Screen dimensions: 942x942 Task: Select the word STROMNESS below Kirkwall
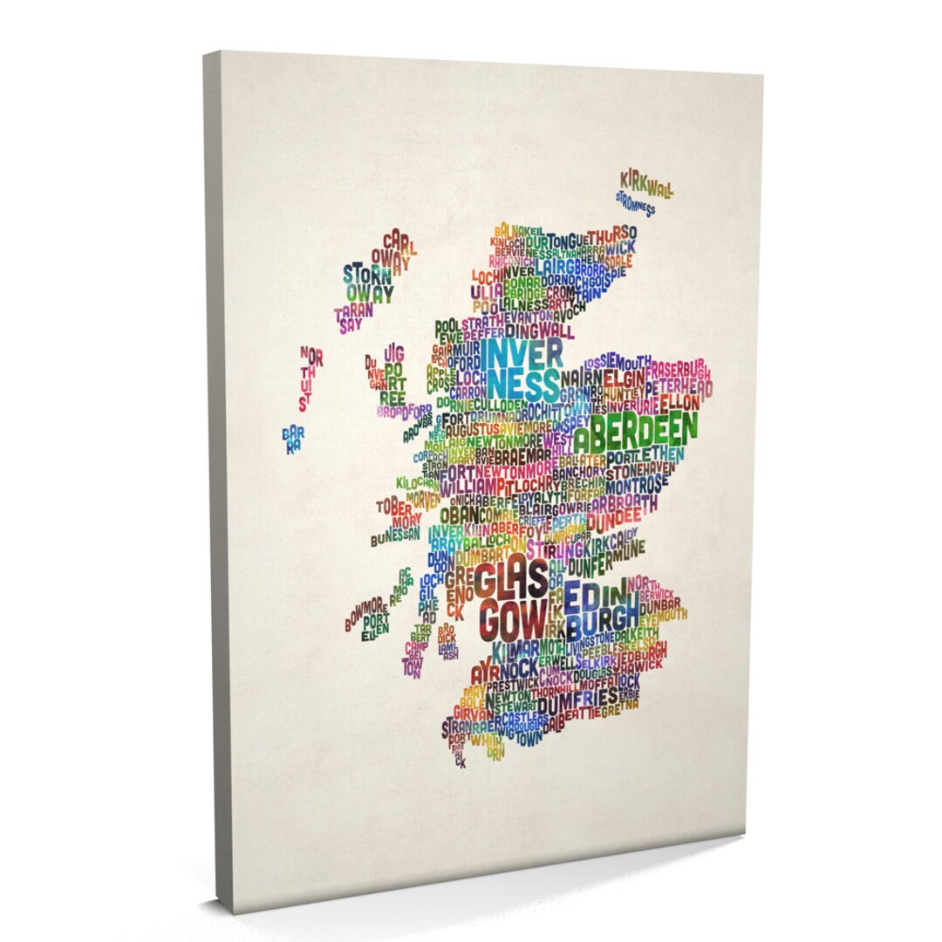634,203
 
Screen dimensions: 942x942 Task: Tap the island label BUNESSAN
396,533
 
